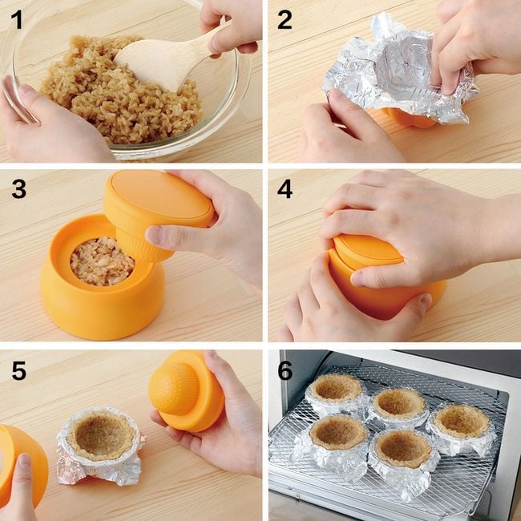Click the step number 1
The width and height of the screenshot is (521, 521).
pos(17,19)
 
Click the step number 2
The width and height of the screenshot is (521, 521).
pos(285,19)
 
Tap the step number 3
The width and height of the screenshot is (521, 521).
pos(19,190)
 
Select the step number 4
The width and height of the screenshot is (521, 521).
pos(285,190)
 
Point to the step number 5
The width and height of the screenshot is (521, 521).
pos(19,371)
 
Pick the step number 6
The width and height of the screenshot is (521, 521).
pos(285,371)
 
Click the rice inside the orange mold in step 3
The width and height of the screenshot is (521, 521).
pos(103,261)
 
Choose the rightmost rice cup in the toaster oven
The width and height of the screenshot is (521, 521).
pos(462,429)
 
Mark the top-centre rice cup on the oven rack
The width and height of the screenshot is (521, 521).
pos(398,407)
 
